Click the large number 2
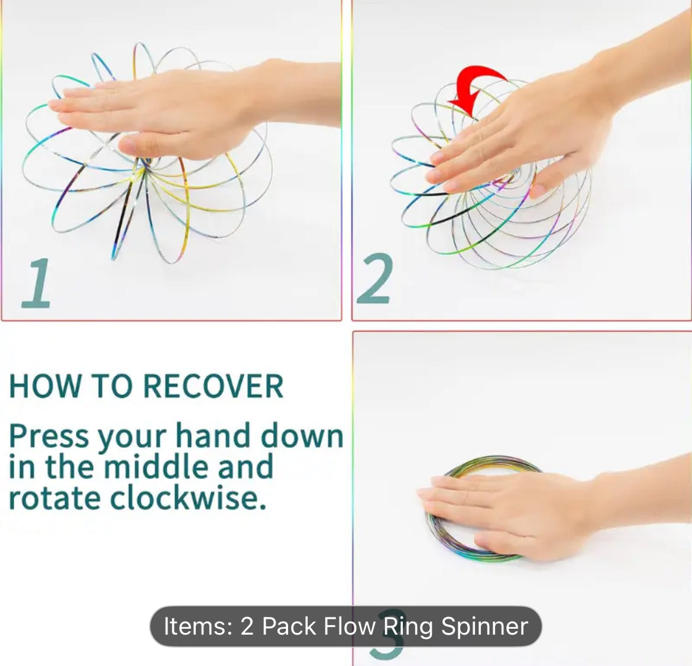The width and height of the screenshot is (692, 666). [374, 279]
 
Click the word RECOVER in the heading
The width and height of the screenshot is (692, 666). [214, 386]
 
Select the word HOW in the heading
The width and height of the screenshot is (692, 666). [45, 386]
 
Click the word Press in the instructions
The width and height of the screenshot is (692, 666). [49, 437]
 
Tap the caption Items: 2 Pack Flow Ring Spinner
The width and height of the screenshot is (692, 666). [345, 626]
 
